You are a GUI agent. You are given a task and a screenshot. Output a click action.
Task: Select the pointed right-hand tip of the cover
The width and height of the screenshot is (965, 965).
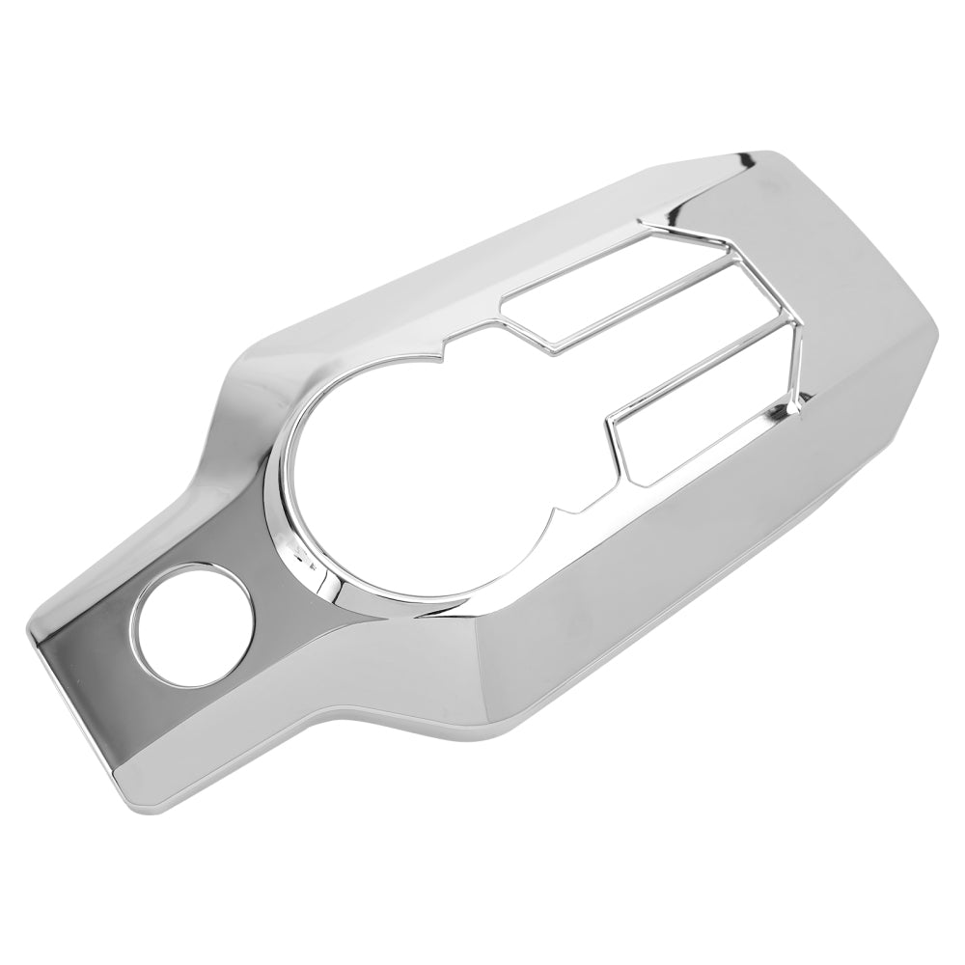coord(936,333)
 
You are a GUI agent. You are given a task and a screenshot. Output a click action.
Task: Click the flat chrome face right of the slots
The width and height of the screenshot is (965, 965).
coord(849,289)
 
